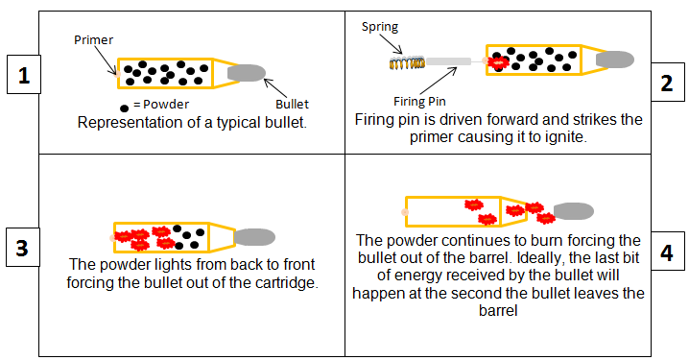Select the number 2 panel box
pos(666,83)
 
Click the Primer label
pos(94,41)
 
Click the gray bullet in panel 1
pos(247,72)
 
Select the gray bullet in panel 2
pos(614,60)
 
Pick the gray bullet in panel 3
pos(254,236)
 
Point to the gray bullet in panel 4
pos(573,210)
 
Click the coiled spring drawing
pos(406,64)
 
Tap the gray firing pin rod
pos(449,62)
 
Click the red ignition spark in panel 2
pos(498,62)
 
